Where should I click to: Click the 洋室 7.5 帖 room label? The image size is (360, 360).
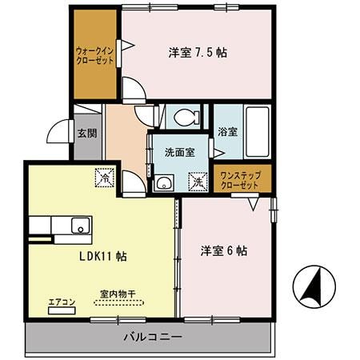point(197,53)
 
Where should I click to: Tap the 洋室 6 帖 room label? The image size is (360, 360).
point(223,250)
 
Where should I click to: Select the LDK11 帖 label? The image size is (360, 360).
point(102,256)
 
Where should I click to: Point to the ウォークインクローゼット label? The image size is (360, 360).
point(95,54)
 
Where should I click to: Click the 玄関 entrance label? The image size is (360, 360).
point(87,134)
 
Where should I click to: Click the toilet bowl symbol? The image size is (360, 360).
point(186,118)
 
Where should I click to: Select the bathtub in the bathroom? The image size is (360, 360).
point(257,124)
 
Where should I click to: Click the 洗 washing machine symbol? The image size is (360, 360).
point(198,182)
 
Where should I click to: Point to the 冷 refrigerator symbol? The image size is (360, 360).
point(105,180)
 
